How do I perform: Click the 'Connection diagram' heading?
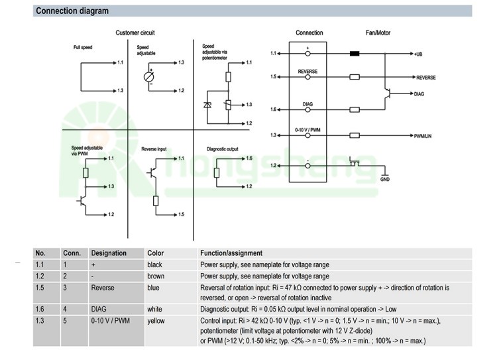pos(72,11)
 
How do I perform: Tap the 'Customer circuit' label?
pos(135,32)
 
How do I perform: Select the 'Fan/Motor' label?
pos(378,32)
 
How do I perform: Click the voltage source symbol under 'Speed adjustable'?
pos(149,76)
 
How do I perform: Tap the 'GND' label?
pos(385,179)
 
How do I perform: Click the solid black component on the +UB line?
pos(355,53)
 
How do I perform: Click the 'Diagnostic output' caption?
pos(223,149)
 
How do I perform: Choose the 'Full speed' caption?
pos(83,48)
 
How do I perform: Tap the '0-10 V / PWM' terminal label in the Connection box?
pos(307,129)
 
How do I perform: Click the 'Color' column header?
pos(156,253)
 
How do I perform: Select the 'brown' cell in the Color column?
pos(156,276)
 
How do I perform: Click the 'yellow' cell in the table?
pos(156,321)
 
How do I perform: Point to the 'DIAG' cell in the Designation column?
pos(100,310)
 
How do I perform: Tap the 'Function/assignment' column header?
pos(231,253)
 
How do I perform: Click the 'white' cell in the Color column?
pos(155,310)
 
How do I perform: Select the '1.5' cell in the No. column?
pos(40,288)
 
